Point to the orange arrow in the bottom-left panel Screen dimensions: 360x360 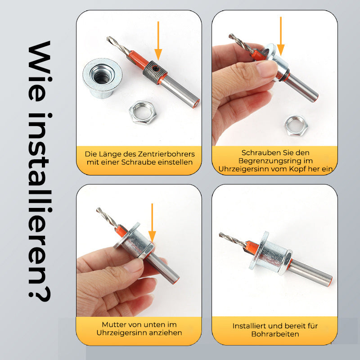(152, 223)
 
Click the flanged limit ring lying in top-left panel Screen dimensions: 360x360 (102, 78)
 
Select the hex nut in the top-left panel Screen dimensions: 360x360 (143, 112)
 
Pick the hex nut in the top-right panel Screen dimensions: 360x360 (296, 126)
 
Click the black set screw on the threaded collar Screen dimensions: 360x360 (156, 69)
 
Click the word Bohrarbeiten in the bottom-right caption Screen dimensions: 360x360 (275, 334)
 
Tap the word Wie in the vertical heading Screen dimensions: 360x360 (39, 71)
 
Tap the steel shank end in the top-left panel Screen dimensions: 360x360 (195, 103)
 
